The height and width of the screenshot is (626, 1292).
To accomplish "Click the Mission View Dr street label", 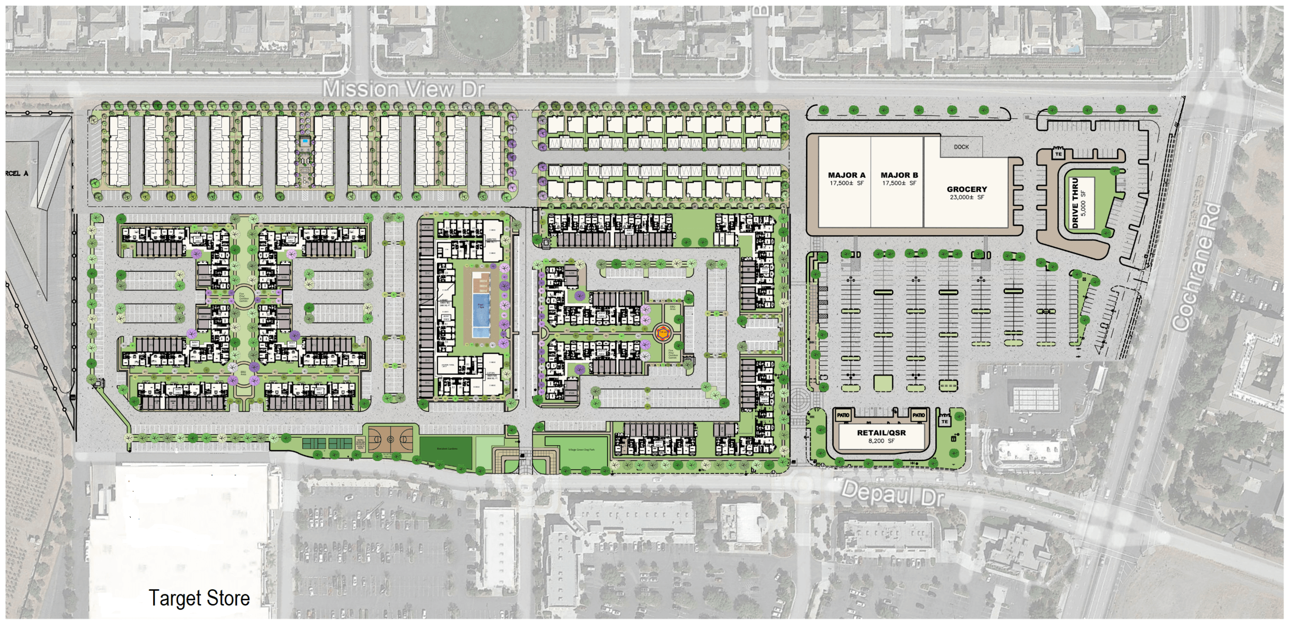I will tap(403, 89).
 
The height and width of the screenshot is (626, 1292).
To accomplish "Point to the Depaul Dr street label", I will tap(893, 492).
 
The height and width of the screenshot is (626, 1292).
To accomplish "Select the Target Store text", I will tap(199, 598).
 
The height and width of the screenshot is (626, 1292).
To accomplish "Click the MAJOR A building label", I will tap(847, 175).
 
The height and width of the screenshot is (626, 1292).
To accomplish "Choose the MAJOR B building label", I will tap(899, 175).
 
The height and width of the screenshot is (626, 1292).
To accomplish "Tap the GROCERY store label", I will tap(967, 189).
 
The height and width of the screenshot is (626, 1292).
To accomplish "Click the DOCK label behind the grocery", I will tap(961, 147).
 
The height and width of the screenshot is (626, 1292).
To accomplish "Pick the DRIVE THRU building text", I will tap(1075, 203).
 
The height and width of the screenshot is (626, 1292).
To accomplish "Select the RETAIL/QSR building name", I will tap(881, 432).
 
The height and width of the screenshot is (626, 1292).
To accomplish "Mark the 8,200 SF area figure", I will tap(881, 441).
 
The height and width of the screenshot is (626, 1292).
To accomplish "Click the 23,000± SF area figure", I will tap(967, 197).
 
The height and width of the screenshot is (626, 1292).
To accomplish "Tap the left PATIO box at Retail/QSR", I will tap(843, 415).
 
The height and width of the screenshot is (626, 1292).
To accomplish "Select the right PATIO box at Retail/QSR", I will tap(918, 415).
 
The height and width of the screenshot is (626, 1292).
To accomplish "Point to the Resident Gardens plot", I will tap(446, 449).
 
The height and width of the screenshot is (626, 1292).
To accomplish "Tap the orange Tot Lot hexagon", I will tap(662, 333).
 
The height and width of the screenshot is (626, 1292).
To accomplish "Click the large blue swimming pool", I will tap(481, 315).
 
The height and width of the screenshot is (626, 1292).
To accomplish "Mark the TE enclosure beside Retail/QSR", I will tap(945, 421).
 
